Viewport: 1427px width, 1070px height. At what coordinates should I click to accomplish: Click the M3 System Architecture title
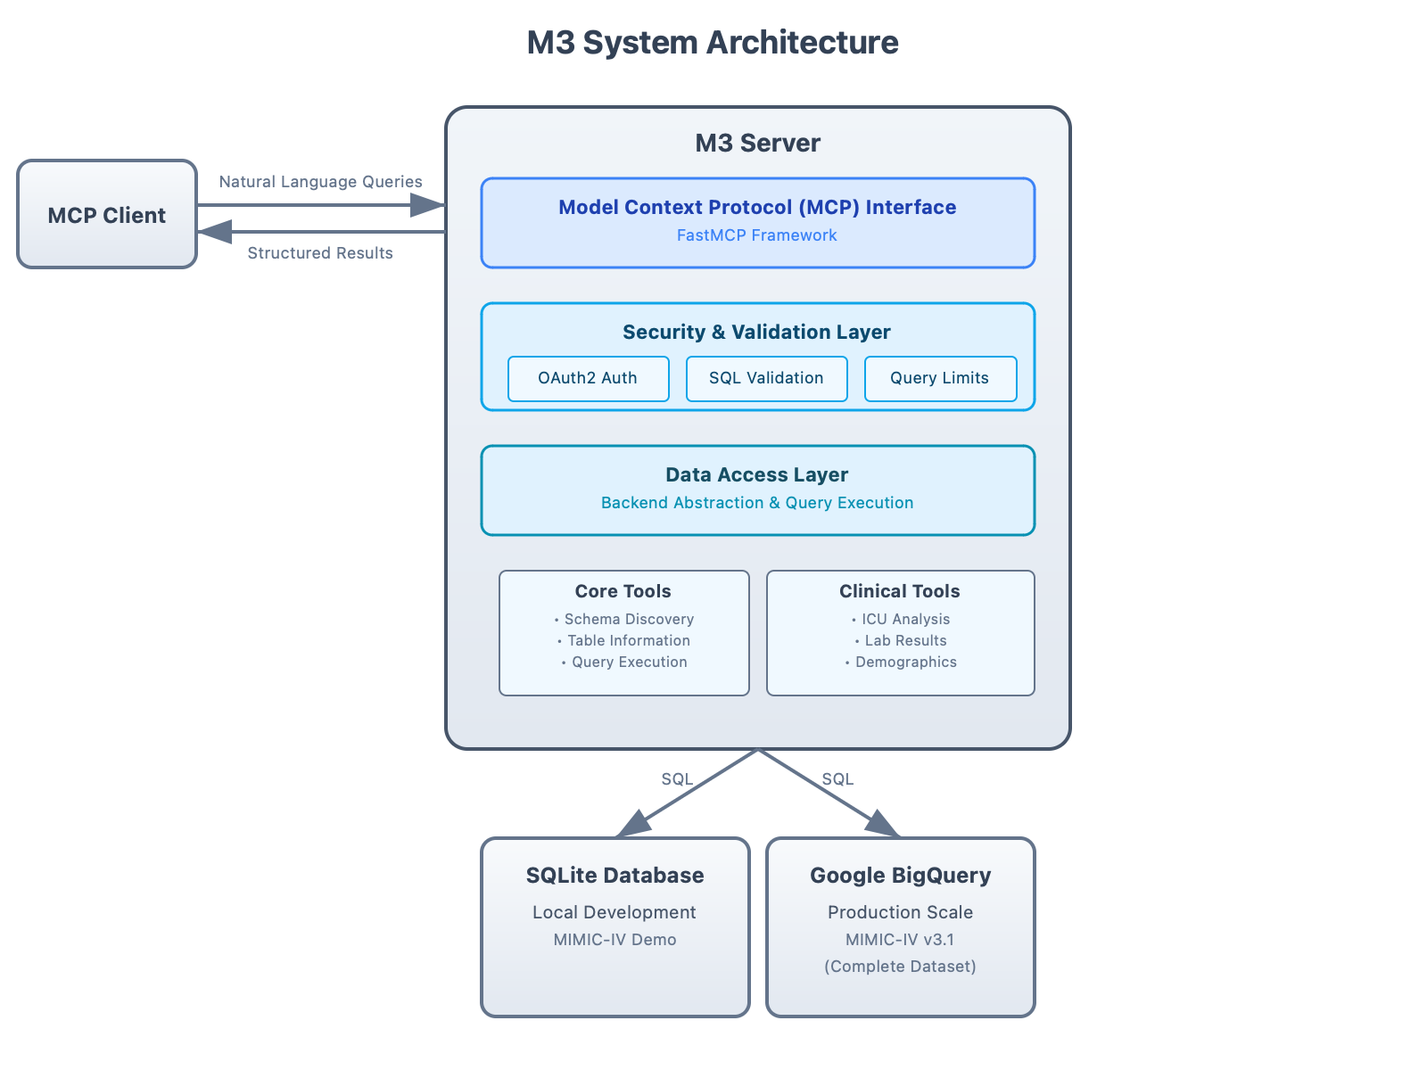click(x=713, y=43)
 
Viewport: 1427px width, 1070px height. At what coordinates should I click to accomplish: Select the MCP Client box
click(x=106, y=215)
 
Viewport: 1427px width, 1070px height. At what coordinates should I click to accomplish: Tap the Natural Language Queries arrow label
click(x=320, y=182)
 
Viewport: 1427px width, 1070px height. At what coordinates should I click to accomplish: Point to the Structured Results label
click(x=319, y=253)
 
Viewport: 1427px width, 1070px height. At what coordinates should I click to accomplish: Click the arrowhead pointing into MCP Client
click(x=214, y=232)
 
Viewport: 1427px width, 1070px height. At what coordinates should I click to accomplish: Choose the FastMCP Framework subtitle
click(x=756, y=235)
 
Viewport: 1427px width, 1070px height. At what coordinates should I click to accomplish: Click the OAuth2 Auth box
click(x=588, y=378)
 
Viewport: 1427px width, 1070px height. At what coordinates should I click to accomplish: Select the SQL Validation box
click(x=766, y=378)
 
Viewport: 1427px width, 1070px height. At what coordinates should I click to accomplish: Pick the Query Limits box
click(x=939, y=378)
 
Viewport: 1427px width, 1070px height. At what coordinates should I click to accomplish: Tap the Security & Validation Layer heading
click(x=756, y=332)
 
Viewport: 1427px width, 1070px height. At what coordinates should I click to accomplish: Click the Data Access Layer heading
click(x=756, y=474)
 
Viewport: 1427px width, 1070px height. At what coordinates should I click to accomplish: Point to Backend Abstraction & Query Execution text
click(x=756, y=503)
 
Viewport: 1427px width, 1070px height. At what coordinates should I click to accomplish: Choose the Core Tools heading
click(x=623, y=591)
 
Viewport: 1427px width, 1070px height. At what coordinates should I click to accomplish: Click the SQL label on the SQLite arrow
click(x=677, y=779)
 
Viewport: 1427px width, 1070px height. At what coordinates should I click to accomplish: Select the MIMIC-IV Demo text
click(x=615, y=940)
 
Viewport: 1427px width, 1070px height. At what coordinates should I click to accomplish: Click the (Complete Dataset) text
click(x=900, y=967)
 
